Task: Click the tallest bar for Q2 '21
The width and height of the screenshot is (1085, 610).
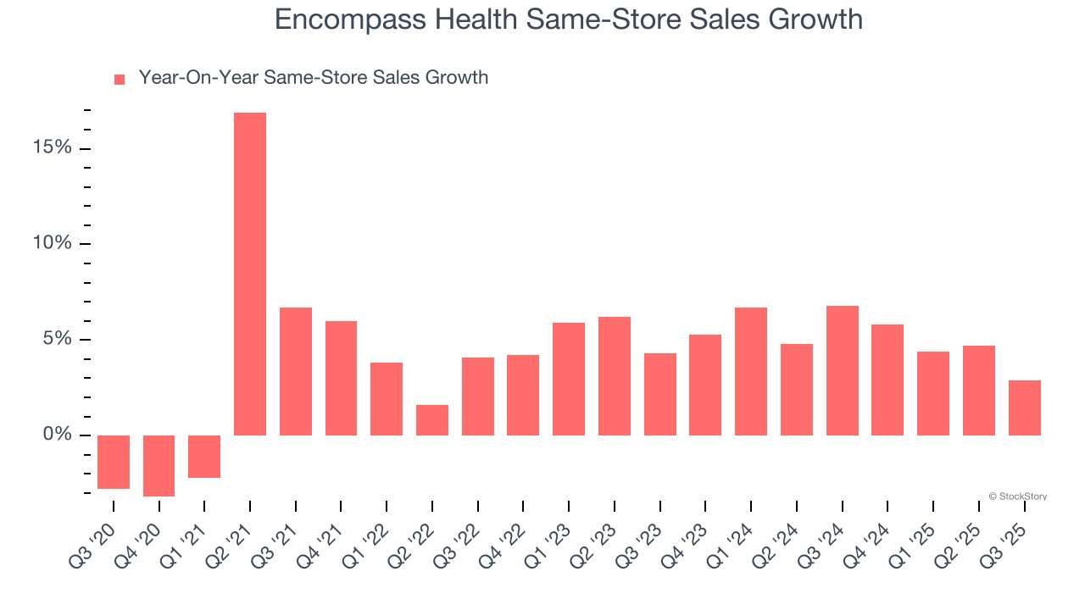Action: (250, 274)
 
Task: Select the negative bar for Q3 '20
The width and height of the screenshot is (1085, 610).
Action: (114, 462)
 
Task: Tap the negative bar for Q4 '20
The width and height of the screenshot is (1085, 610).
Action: (159, 465)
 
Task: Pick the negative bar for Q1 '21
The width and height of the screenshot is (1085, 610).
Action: (204, 457)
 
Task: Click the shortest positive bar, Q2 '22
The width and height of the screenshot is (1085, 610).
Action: (432, 420)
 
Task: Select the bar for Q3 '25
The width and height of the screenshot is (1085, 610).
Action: (1024, 408)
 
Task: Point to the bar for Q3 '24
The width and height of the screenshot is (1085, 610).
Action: (842, 370)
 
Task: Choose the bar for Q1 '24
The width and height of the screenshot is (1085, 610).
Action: (751, 371)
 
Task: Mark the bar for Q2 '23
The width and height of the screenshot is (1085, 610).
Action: (615, 376)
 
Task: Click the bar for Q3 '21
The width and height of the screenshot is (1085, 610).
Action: (296, 371)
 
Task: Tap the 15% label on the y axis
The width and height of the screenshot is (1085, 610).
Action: (53, 148)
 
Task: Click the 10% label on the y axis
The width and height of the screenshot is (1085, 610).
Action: (53, 244)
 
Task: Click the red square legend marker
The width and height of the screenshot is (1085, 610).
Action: (120, 79)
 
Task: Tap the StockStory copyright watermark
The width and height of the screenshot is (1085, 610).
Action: (1017, 496)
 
